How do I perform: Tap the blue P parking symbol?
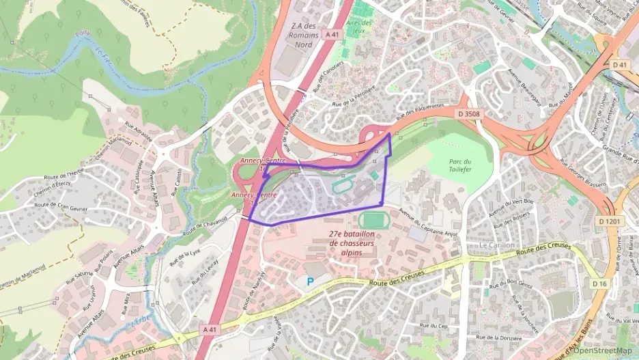[311, 280]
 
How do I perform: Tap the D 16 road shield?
[599, 283]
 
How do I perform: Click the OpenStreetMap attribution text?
[603, 350]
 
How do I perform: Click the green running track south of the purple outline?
[371, 221]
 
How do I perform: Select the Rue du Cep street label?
[435, 326]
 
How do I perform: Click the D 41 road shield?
[619, 64]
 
